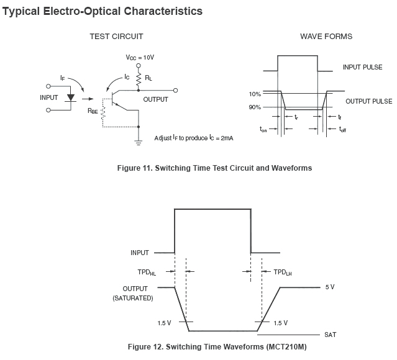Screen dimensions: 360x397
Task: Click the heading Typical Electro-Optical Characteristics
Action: tap(103, 11)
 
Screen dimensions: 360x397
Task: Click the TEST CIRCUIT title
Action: tap(116, 37)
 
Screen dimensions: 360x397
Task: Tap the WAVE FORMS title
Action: tap(326, 37)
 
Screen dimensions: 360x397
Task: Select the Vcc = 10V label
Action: tap(140, 57)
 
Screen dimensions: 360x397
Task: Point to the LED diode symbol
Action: tap(70, 98)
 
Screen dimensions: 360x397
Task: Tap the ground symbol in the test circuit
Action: tap(137, 142)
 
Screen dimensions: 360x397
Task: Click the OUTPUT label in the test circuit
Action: tap(155, 99)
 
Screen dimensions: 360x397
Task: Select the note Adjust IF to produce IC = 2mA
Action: tap(194, 138)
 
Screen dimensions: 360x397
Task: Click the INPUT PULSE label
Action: tap(363, 66)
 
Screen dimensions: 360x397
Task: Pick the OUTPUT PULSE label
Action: tap(368, 101)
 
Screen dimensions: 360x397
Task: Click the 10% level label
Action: tap(254, 94)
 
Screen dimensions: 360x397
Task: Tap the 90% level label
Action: tap(254, 107)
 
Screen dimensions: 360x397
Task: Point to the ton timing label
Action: tap(263, 129)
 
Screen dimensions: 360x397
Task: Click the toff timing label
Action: tap(342, 129)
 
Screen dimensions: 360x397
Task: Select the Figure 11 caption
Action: tap(214, 168)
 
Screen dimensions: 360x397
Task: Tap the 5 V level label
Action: tap(330, 288)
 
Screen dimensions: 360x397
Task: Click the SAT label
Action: tap(331, 335)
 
